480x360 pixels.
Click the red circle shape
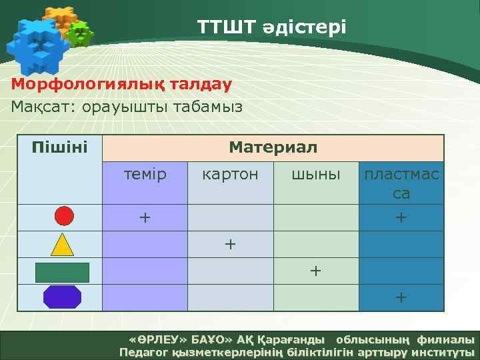(x=63, y=217)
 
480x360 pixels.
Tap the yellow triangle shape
(x=63, y=245)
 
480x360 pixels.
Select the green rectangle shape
(x=62, y=272)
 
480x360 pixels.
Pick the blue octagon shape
(x=62, y=297)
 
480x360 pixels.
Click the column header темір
(x=145, y=175)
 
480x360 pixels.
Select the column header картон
(x=230, y=175)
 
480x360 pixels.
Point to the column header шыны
(x=316, y=175)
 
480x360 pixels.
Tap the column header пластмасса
(x=401, y=183)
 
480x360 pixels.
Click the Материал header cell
(x=273, y=147)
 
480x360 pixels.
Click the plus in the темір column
(x=145, y=217)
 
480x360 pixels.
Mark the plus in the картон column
(x=230, y=244)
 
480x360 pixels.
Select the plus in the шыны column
(x=315, y=271)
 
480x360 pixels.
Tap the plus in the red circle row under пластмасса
(x=401, y=217)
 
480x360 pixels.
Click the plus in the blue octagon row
(x=401, y=297)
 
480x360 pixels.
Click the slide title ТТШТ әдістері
(x=271, y=27)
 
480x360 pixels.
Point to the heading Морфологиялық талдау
(x=121, y=85)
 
